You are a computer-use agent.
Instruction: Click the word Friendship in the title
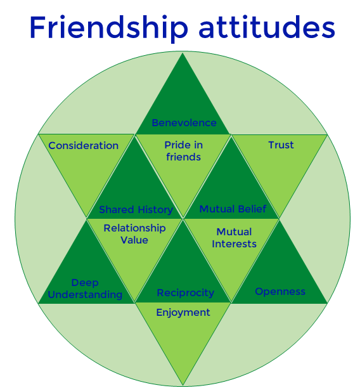pyautogui.click(x=109, y=29)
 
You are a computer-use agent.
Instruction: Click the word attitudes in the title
pyautogui.click(x=267, y=27)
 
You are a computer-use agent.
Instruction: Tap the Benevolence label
pyautogui.click(x=184, y=123)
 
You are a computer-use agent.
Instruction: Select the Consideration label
pyautogui.click(x=83, y=146)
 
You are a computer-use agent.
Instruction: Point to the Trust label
pyautogui.click(x=281, y=145)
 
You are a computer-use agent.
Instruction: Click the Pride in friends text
pyautogui.click(x=183, y=151)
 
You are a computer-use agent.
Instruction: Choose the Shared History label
pyautogui.click(x=136, y=210)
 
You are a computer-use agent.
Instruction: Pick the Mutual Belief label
pyautogui.click(x=233, y=209)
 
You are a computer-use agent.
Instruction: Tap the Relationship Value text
pyautogui.click(x=134, y=234)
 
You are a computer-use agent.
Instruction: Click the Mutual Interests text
pyautogui.click(x=234, y=238)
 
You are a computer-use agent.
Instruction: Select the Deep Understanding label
pyautogui.click(x=85, y=289)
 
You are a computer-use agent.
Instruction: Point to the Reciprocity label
pyautogui.click(x=186, y=293)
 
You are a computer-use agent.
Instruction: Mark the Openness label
pyautogui.click(x=280, y=292)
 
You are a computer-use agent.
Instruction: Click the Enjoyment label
pyautogui.click(x=183, y=313)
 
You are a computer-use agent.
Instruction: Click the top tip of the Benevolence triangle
pyautogui.click(x=183, y=53)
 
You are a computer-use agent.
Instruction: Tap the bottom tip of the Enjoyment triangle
pyautogui.click(x=183, y=386)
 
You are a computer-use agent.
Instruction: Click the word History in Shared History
pyautogui.click(x=155, y=210)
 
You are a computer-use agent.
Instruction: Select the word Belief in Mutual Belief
pyautogui.click(x=253, y=209)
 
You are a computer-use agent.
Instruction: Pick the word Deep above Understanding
pyautogui.click(x=85, y=283)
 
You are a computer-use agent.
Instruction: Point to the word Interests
pyautogui.click(x=234, y=244)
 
